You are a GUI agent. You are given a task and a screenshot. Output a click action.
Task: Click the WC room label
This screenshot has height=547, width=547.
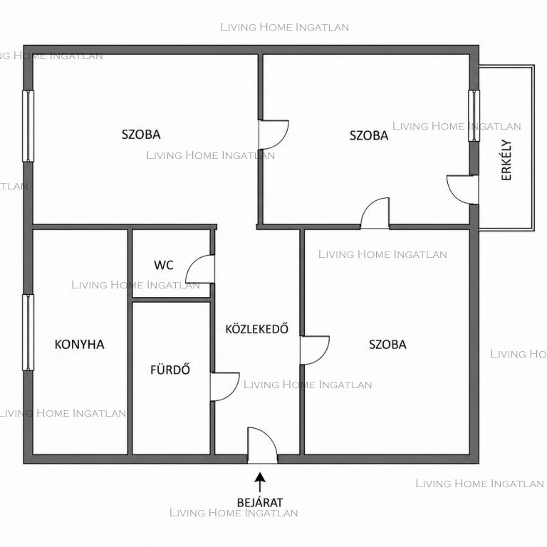tap(164, 265)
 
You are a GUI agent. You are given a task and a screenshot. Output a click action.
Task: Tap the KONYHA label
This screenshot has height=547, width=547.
tap(80, 344)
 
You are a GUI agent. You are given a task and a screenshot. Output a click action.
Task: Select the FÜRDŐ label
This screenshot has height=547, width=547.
tap(170, 370)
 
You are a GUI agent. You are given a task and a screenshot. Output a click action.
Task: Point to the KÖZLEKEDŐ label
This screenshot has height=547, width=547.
tap(256, 328)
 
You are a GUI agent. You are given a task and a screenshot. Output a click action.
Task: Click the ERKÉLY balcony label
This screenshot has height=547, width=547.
tap(506, 160)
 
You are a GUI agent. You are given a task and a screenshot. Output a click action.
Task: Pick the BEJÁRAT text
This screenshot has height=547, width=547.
tap(260, 503)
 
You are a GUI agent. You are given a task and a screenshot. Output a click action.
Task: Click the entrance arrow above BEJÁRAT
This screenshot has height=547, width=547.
tap(260, 482)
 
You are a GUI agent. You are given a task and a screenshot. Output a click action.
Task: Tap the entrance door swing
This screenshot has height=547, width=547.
tap(262, 445)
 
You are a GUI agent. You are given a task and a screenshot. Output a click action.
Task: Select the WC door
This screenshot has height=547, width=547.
tap(200, 269)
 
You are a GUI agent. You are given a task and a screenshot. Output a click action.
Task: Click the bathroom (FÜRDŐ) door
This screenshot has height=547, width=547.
tap(224, 387)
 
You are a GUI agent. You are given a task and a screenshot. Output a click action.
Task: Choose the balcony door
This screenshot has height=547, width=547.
tap(462, 189)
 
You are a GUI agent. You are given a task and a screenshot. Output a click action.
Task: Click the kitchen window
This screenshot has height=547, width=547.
tap(28, 332)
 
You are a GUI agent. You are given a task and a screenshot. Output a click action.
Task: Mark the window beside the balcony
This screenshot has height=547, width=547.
tap(474, 115)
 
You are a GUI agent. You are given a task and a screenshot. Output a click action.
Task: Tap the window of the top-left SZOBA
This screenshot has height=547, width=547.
tap(28, 126)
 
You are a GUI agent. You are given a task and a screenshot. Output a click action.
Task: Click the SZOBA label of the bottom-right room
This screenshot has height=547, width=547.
tap(387, 345)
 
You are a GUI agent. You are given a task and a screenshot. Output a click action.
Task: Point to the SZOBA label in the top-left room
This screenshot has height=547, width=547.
tap(141, 135)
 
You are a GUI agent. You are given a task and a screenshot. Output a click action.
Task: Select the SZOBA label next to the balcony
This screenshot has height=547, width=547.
tap(369, 135)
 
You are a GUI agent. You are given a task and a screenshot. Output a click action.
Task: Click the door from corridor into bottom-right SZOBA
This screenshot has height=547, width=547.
tap(315, 350)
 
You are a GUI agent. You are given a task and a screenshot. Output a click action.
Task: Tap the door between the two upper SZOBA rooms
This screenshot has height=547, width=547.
tap(273, 135)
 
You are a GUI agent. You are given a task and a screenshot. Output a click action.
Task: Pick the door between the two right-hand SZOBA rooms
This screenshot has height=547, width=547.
tap(375, 213)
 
